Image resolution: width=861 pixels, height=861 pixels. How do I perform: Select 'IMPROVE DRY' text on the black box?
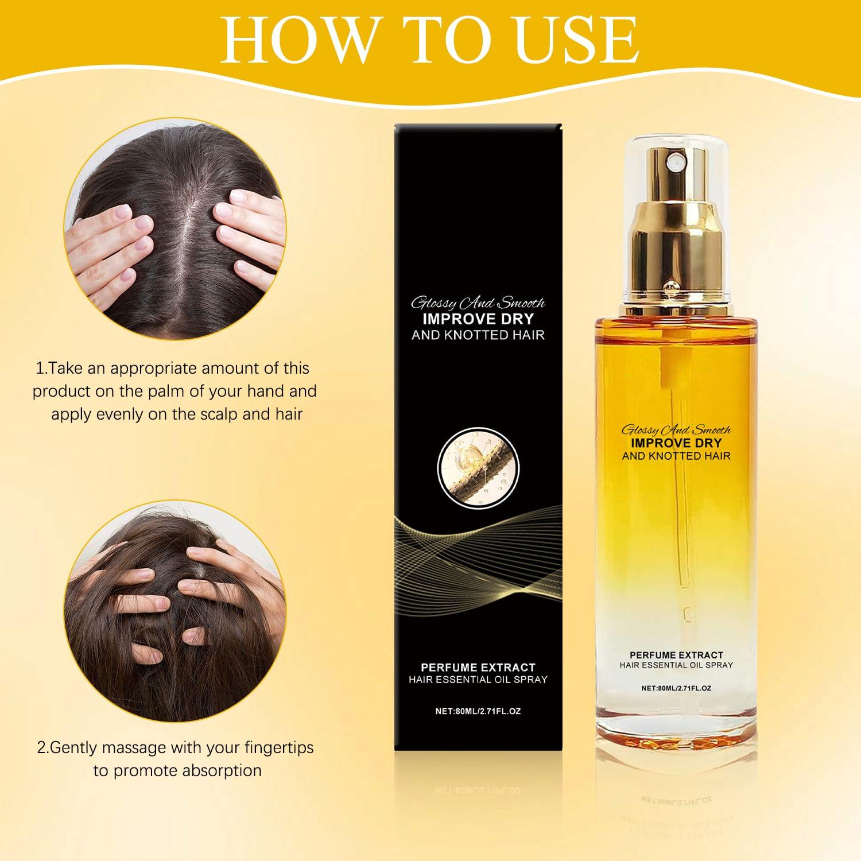click(x=478, y=319)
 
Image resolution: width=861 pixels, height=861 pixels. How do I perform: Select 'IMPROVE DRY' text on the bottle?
click(x=676, y=442)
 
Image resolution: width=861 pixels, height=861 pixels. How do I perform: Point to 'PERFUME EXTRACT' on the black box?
click(x=478, y=667)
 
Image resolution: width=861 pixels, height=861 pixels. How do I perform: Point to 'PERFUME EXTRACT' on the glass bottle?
click(x=676, y=654)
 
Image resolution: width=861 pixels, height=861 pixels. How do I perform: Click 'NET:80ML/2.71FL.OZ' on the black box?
click(x=478, y=711)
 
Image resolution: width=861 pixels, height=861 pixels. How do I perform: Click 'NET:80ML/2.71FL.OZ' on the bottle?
click(x=676, y=688)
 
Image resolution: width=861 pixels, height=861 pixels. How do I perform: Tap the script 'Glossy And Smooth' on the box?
click(x=478, y=303)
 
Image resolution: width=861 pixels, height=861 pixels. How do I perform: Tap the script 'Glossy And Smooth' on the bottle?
click(x=676, y=429)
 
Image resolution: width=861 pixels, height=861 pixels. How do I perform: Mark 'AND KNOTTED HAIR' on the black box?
click(x=478, y=334)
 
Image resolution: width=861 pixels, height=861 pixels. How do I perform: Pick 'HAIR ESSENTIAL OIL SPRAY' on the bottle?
click(x=676, y=665)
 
